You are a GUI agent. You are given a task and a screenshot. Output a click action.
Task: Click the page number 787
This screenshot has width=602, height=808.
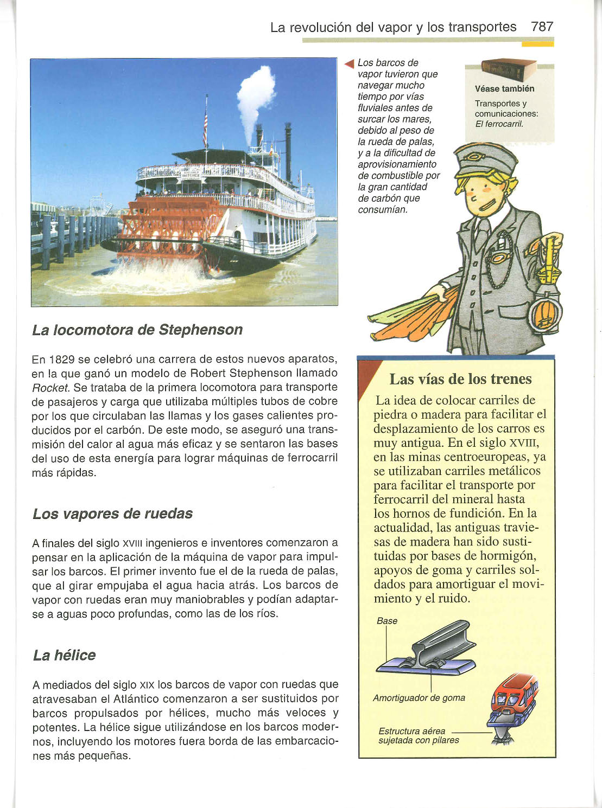pos(542,27)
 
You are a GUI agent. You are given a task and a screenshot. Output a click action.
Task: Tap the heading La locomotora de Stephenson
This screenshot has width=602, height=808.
pos(137,330)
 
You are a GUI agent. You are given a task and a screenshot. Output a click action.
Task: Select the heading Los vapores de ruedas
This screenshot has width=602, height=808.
pos(112,513)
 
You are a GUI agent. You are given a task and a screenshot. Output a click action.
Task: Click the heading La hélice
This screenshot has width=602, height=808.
pos(64,655)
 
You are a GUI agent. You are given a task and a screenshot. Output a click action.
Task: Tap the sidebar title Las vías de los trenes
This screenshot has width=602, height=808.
pos(460,379)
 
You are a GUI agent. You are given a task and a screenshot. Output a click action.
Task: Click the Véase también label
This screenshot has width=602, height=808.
pos(504,89)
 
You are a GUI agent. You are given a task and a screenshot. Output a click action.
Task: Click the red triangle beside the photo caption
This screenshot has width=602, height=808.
pos(350,63)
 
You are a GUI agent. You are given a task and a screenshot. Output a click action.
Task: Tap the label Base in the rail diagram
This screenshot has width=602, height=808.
pos(387,621)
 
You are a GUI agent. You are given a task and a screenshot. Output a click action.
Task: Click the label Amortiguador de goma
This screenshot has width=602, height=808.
pos(419,698)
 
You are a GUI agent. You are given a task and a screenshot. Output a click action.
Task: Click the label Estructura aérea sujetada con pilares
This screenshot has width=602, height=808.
pos(418,736)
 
